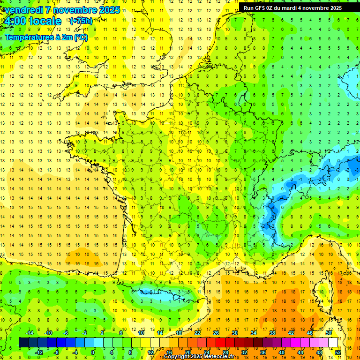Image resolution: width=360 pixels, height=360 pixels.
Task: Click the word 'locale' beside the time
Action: click(x=45, y=21)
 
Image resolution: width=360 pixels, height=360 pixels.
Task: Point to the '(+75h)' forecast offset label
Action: click(x=81, y=21)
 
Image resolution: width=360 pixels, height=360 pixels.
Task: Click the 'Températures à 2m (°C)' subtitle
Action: click(x=46, y=37)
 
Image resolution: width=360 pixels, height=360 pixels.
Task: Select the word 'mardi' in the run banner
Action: click(x=299, y=8)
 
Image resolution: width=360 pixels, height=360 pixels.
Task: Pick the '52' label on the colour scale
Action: click(x=337, y=352)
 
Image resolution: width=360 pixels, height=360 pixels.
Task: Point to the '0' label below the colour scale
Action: click(x=93, y=352)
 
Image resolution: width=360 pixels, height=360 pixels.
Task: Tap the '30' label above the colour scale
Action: click(x=234, y=333)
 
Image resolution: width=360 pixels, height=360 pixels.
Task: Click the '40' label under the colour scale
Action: click(x=281, y=352)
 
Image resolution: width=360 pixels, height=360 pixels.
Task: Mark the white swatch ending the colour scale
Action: click(x=333, y=343)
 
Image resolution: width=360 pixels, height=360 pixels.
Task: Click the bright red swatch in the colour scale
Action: click(x=221, y=343)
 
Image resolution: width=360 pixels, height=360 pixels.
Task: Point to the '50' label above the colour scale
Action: click(x=328, y=333)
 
